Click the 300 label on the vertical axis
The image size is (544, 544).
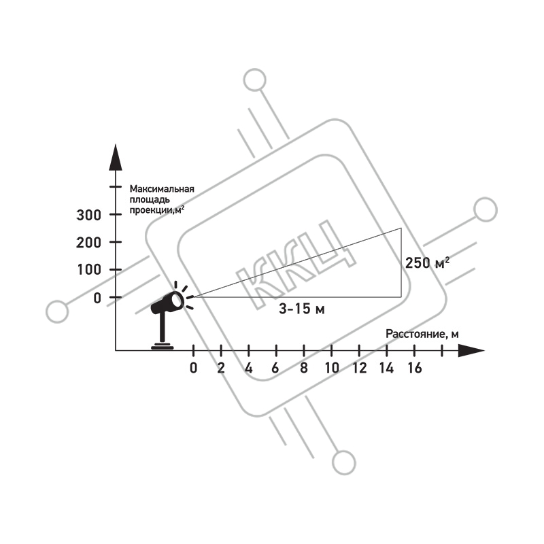coord(88,215)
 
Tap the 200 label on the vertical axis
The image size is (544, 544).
coord(88,243)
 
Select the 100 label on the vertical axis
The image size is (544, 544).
coord(89,269)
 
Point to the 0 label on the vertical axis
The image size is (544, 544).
coord(97,298)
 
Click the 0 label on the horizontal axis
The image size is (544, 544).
coord(194,368)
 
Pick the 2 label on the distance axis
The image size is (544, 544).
coord(221,368)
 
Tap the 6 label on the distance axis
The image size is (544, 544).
coord(275,368)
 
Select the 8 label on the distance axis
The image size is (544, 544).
coord(304,368)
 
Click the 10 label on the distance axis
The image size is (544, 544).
coord(332,368)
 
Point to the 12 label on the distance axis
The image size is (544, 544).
coord(360,368)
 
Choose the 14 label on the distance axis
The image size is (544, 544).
coord(386,368)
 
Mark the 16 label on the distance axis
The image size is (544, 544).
coord(415,368)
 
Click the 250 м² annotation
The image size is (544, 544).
coord(428,262)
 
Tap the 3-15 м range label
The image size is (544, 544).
coord(302,309)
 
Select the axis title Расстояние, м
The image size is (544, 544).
coord(422,334)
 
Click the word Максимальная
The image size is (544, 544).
coord(162,189)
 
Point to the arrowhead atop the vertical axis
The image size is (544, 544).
coord(116,157)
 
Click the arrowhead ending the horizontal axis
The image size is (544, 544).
coord(471,350)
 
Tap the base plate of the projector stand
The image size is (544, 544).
coord(162,346)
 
